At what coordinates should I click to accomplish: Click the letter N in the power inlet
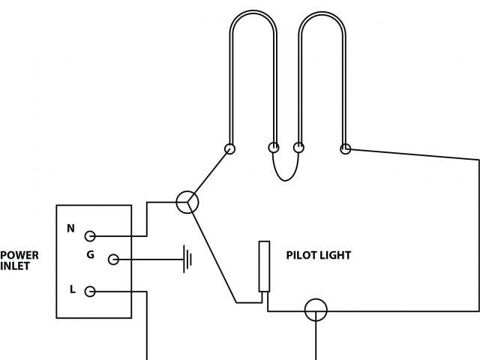click(x=71, y=228)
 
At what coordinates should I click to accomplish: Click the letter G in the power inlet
click(x=90, y=255)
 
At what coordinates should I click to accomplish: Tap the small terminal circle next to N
click(x=90, y=236)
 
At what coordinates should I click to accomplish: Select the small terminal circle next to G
click(x=113, y=259)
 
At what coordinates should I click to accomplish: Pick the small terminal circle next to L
click(x=90, y=292)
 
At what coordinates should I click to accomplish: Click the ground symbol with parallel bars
click(x=187, y=260)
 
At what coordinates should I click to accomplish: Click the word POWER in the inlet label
click(x=19, y=255)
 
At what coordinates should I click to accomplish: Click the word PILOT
click(x=303, y=256)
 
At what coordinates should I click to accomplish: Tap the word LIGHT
click(x=337, y=256)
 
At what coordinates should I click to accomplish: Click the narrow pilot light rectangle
click(x=264, y=266)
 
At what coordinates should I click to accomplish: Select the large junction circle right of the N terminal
click(x=187, y=202)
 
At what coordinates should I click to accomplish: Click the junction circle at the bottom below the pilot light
click(x=315, y=310)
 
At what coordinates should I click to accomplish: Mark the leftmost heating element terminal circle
click(x=229, y=148)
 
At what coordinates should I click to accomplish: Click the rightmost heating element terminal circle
click(x=346, y=148)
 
